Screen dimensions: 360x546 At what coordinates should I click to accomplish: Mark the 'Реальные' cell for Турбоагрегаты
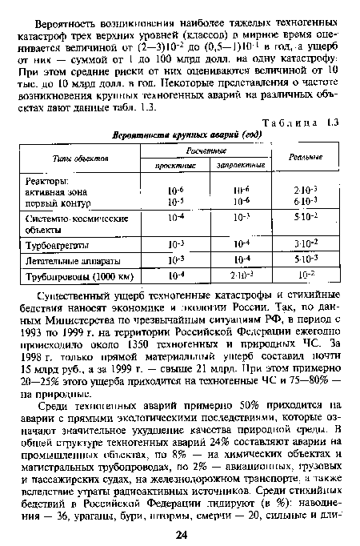[308, 243]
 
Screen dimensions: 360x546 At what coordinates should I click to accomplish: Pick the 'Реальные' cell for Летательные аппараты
[308, 262]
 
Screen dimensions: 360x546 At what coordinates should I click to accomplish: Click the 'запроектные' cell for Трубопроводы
[239, 279]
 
